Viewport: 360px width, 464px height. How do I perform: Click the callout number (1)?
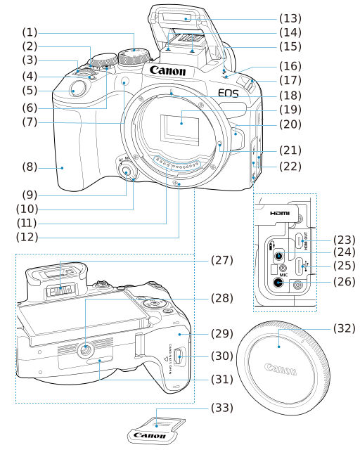click(31, 32)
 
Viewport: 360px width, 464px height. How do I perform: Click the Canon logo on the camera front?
click(167, 71)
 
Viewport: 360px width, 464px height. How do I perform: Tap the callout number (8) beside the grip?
click(31, 167)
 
